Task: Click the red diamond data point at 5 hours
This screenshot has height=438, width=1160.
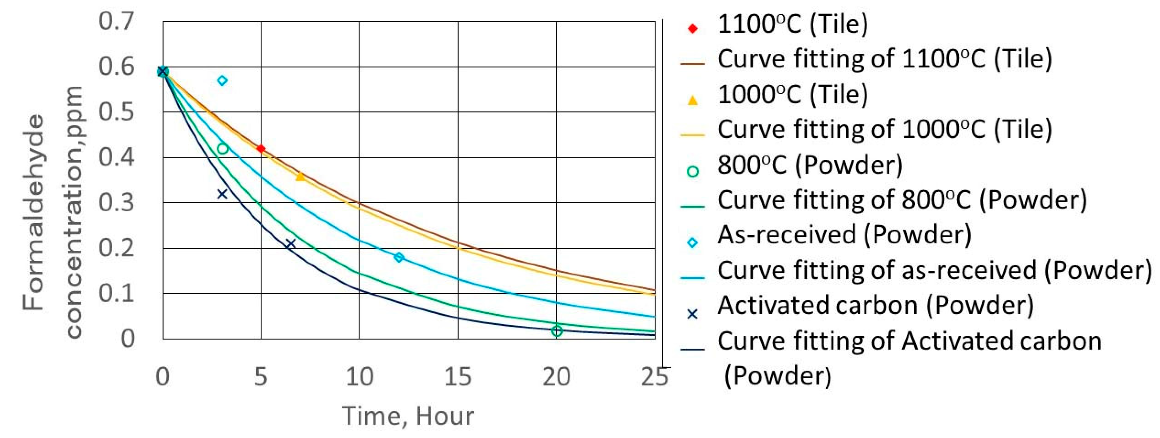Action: click(x=261, y=149)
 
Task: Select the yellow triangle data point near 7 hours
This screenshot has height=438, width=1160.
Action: click(x=300, y=177)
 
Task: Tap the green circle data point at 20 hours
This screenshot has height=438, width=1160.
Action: click(x=557, y=331)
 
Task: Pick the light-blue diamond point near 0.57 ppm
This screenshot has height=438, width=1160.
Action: click(x=222, y=81)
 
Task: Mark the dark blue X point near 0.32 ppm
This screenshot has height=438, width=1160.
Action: click(x=222, y=194)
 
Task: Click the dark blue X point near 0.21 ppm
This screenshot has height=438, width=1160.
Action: click(x=291, y=243)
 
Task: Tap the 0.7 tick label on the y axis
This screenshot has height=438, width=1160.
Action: click(x=116, y=21)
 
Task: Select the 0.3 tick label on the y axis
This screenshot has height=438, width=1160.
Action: click(x=116, y=203)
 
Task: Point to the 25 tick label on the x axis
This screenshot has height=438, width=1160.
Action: click(x=654, y=377)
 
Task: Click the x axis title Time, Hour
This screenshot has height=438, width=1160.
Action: click(x=408, y=415)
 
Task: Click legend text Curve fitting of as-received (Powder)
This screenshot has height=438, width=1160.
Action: click(x=934, y=271)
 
